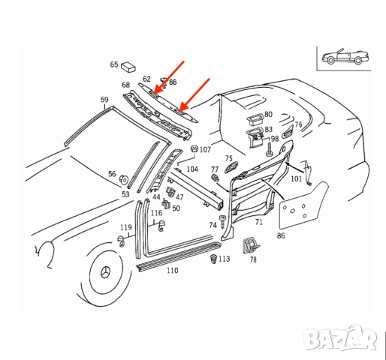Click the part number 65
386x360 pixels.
click(x=114, y=65)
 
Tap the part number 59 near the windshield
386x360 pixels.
click(x=104, y=99)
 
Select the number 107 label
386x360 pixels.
click(x=205, y=149)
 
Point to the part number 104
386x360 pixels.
click(x=192, y=169)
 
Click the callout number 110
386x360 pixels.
click(x=172, y=270)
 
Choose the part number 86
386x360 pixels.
click(x=280, y=236)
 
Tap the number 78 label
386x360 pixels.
click(x=253, y=259)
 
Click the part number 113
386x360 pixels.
click(x=224, y=259)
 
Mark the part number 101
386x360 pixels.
click(x=296, y=178)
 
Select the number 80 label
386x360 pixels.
click(x=268, y=115)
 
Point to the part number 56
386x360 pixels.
click(x=112, y=174)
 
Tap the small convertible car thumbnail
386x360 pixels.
click(x=343, y=58)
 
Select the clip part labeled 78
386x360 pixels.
click(x=249, y=245)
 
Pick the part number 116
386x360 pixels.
click(x=156, y=214)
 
